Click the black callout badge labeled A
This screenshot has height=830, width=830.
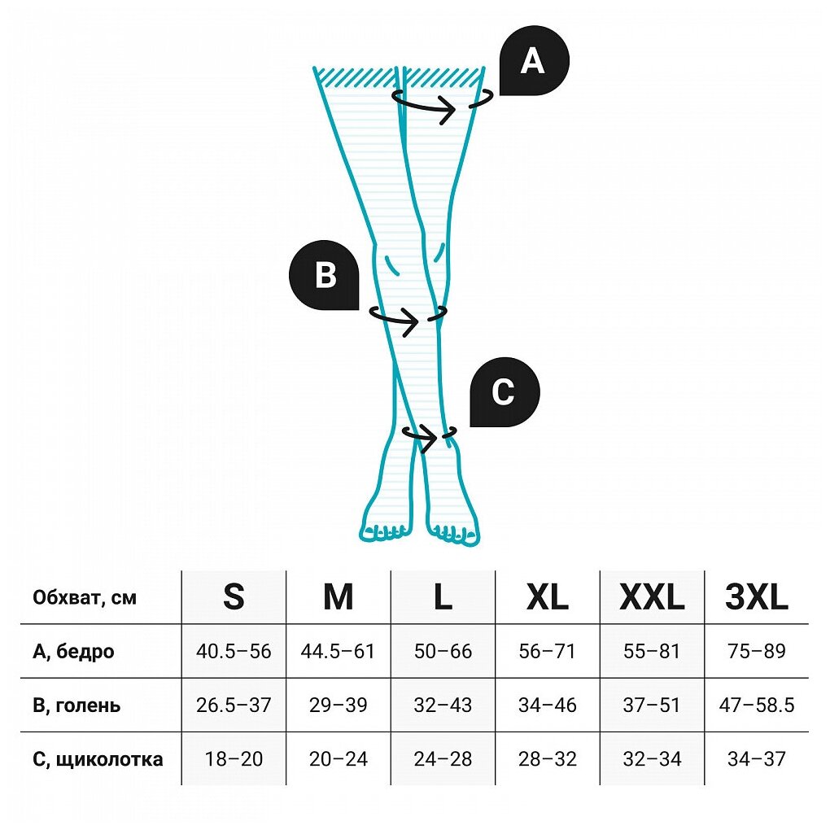click(533, 61)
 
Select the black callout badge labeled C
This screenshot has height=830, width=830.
click(504, 392)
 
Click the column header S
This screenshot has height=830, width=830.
click(234, 598)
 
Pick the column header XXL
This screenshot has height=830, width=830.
click(652, 598)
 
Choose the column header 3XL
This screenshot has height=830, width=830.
click(757, 598)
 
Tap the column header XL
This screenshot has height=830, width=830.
click(547, 598)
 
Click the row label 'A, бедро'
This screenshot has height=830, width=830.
click(73, 652)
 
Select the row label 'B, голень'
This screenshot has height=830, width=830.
click(76, 705)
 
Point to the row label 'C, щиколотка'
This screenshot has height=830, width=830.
click(98, 759)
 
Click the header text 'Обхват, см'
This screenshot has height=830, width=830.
click(85, 598)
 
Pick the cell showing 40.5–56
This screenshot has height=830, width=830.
click(234, 652)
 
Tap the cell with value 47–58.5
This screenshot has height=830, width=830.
click(757, 705)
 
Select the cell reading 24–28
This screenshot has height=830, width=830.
click(443, 759)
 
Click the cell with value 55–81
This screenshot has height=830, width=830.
click(652, 652)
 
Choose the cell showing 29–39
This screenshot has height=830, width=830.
click(338, 705)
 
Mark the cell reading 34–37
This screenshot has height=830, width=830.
click(757, 759)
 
